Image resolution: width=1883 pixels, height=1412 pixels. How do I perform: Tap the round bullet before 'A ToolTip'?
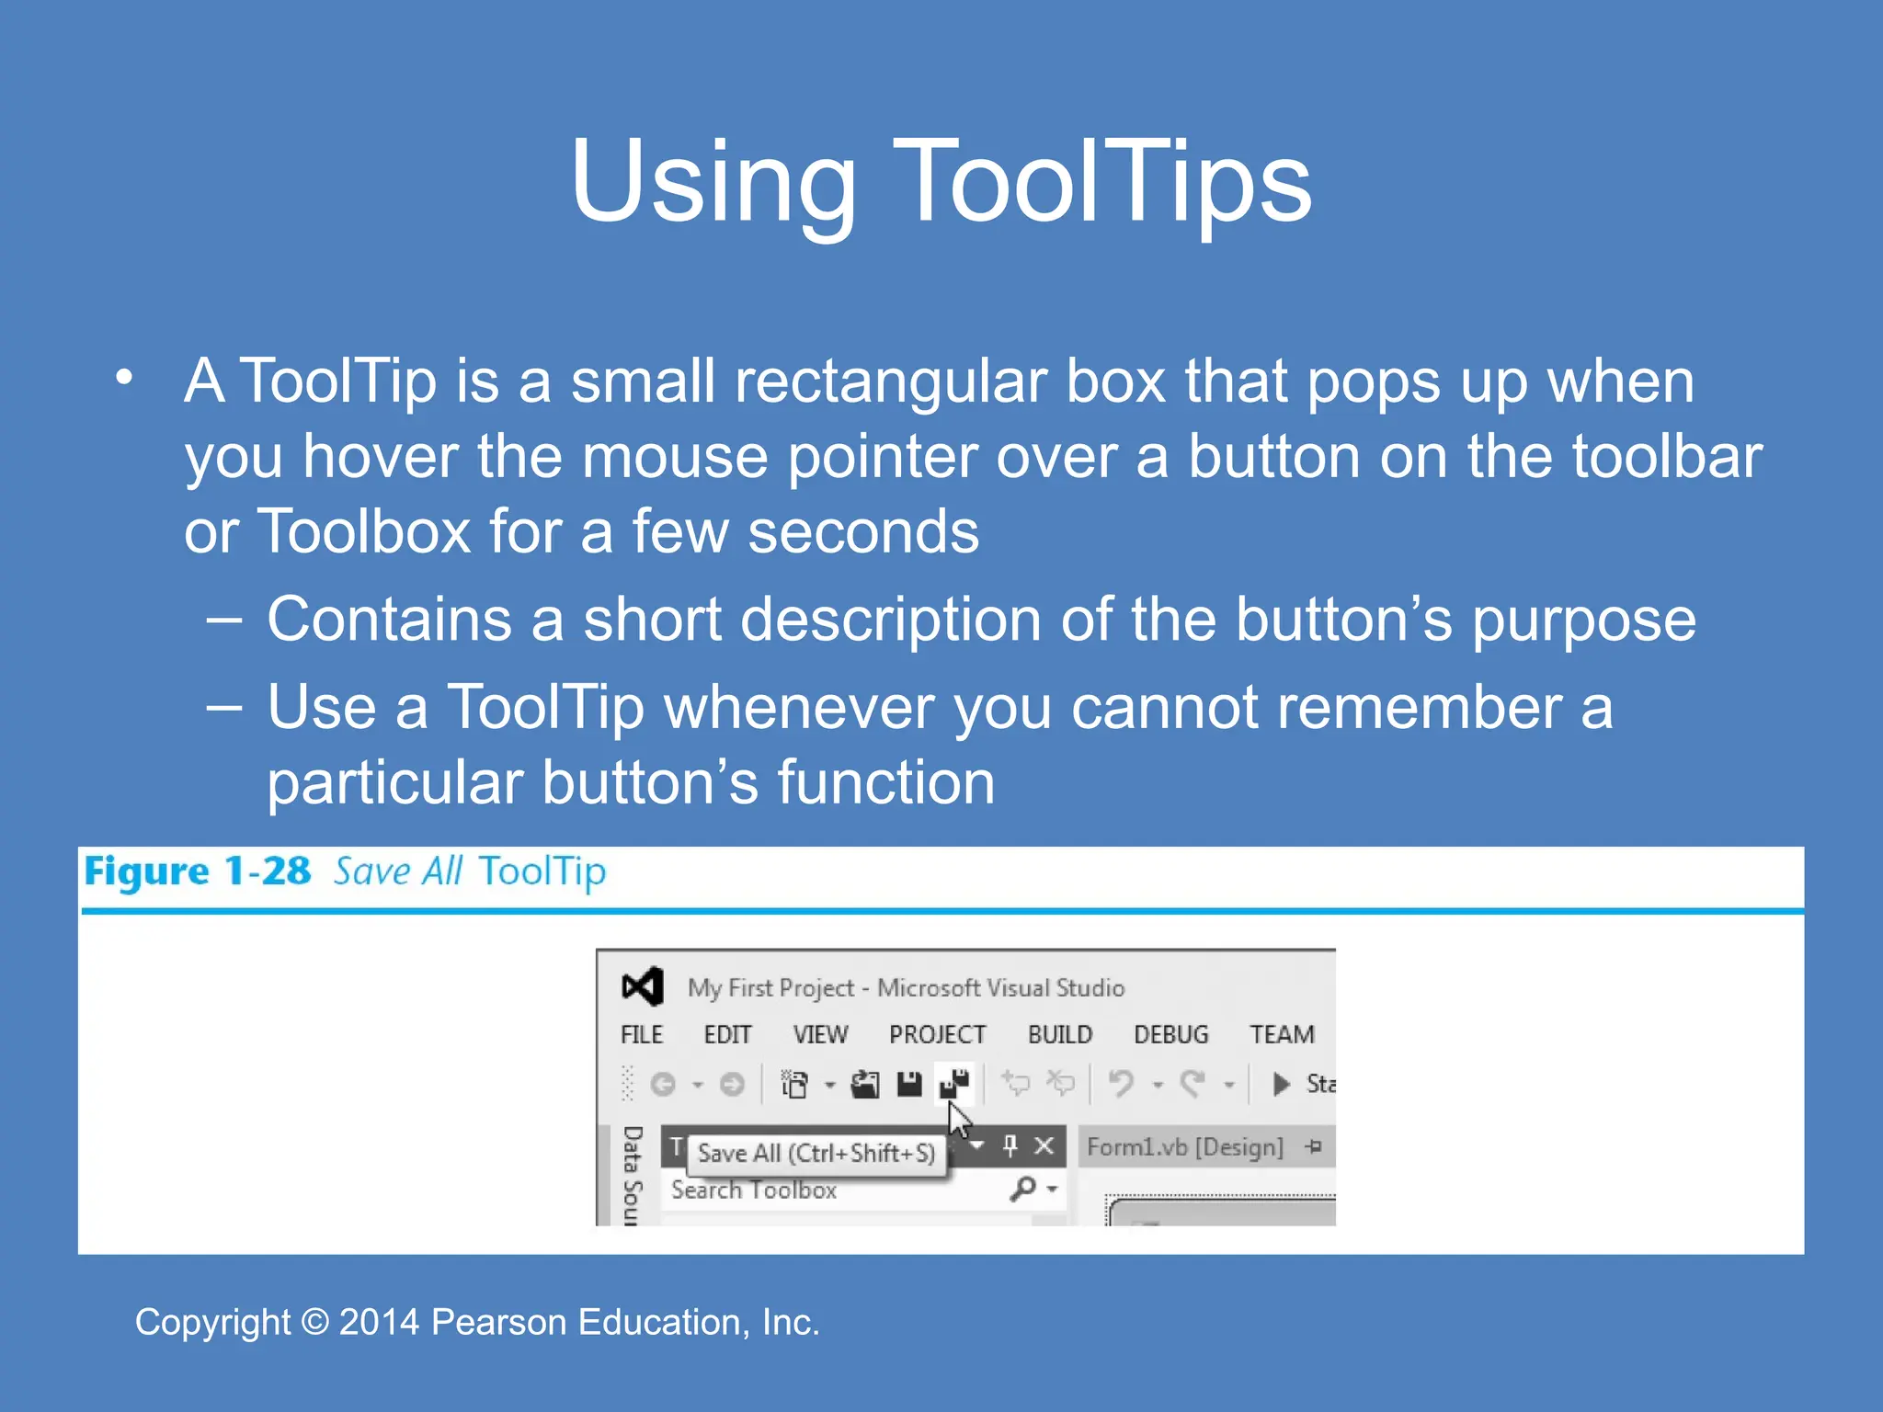125,378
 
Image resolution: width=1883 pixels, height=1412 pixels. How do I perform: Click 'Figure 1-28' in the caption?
197,871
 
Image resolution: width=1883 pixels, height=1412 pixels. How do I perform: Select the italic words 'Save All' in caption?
397,871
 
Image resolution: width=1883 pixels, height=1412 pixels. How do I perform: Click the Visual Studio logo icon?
642,987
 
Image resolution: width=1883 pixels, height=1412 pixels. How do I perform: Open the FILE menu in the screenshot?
641,1034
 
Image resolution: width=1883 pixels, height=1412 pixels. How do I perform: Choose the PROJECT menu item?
937,1034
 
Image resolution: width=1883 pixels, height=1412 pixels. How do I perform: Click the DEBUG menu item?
1170,1034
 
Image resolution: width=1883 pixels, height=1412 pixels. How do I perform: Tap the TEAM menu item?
1282,1034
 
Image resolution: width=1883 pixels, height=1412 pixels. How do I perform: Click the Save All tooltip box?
816,1153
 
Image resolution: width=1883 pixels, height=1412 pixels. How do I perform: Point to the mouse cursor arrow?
958,1121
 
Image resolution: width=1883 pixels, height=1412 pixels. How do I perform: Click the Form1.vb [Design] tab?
1184,1147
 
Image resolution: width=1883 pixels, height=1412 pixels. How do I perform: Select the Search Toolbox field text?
754,1190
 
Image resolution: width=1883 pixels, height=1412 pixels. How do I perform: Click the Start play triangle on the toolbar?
1281,1084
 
